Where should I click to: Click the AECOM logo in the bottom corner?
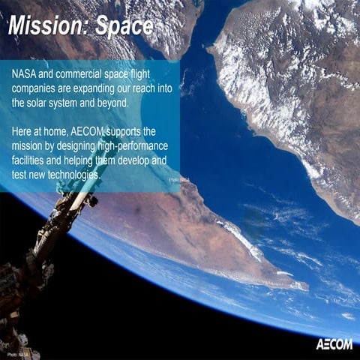tap(332, 344)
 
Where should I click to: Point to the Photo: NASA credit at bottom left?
tap(18, 352)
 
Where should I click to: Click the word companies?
tap(39, 89)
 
